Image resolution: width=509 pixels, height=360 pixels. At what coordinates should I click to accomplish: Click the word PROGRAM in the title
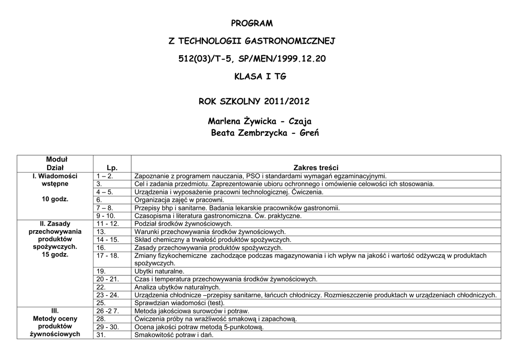tap(252, 23)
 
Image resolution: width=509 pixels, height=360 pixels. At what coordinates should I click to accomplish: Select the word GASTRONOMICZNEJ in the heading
tap(294, 41)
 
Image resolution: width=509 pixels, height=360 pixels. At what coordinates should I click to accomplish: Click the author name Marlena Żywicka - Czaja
tap(260, 121)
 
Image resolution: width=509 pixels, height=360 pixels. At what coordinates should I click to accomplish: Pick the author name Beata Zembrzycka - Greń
tap(264, 133)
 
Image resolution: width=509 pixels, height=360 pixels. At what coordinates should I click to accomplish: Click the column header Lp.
tap(112, 168)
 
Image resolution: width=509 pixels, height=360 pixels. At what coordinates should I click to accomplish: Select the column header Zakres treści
tap(316, 168)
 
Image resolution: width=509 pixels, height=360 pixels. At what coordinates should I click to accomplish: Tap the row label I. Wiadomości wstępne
tap(55, 180)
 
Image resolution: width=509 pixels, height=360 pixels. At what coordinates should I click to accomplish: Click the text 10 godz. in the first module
tap(55, 199)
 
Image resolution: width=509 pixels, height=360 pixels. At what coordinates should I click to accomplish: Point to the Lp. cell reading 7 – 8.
tap(105, 208)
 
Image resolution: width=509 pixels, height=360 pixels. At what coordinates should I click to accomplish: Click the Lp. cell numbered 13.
tap(101, 232)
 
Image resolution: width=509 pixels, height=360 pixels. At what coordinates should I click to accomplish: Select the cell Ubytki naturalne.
tap(159, 271)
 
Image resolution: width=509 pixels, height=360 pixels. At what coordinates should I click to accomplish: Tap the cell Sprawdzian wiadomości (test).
tap(179, 303)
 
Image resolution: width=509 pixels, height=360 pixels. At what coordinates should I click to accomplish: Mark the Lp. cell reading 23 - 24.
tap(108, 295)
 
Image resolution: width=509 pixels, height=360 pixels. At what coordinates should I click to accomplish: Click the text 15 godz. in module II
tap(55, 255)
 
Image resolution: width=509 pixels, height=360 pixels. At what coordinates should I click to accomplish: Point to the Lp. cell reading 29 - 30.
tap(108, 327)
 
